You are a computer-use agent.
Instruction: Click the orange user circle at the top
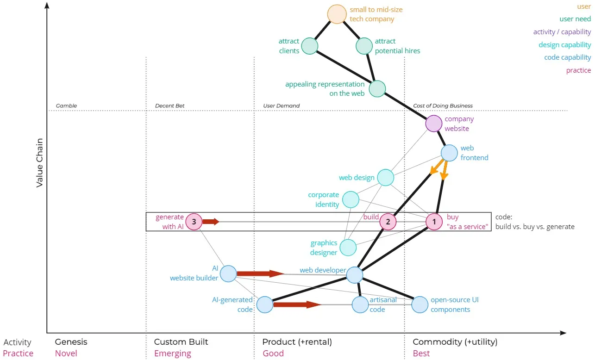tap(337, 14)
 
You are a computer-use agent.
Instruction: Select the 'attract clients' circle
tap(310, 46)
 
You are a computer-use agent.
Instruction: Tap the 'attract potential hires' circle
tap(364, 46)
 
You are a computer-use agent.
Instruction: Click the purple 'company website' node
tap(434, 124)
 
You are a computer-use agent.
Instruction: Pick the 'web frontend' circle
tap(449, 153)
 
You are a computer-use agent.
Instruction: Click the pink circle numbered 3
tap(194, 222)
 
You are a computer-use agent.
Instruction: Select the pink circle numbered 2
tap(388, 222)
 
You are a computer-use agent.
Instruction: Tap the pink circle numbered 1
tap(434, 222)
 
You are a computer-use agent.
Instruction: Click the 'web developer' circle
tap(355, 274)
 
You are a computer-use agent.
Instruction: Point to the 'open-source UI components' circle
tap(420, 304)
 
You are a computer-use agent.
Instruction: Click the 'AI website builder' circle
tap(228, 273)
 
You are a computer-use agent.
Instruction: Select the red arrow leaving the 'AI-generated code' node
tap(296, 304)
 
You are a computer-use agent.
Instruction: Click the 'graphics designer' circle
tap(348, 248)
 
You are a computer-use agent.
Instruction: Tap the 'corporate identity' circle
tap(351, 199)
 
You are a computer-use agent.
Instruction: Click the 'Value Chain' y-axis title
tap(40, 162)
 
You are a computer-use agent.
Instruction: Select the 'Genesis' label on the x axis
tap(71, 342)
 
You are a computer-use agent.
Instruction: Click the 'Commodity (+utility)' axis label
tap(455, 342)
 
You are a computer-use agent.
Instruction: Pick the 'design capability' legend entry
tap(564, 45)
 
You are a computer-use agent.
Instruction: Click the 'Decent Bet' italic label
tap(169, 106)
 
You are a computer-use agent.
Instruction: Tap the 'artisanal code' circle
tap(360, 304)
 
